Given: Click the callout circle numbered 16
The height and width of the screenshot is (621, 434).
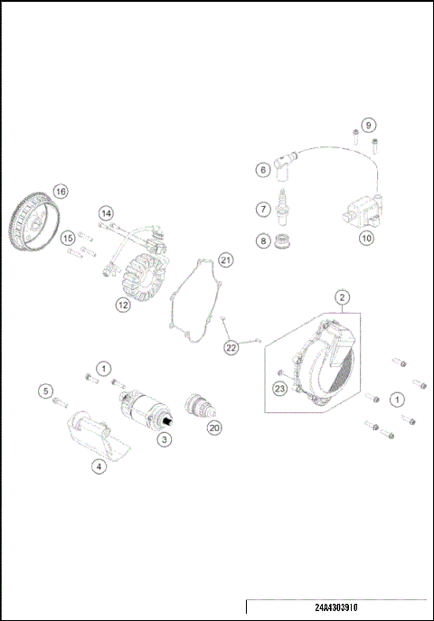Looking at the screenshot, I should click(60, 191).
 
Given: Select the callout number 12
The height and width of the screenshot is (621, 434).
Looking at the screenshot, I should click(123, 305).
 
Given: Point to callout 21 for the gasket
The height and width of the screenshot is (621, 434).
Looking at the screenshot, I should click(225, 260).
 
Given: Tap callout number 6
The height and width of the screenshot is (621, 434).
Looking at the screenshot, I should click(262, 169).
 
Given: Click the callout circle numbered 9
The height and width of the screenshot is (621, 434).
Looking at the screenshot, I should click(368, 124).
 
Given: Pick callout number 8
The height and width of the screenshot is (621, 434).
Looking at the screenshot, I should click(262, 241).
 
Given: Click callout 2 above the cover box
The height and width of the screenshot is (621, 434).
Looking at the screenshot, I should click(342, 296).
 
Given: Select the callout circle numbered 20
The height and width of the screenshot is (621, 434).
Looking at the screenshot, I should click(213, 428).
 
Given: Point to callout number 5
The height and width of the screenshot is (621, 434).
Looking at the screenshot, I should click(45, 390).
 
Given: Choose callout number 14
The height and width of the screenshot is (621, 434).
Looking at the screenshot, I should click(107, 213).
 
